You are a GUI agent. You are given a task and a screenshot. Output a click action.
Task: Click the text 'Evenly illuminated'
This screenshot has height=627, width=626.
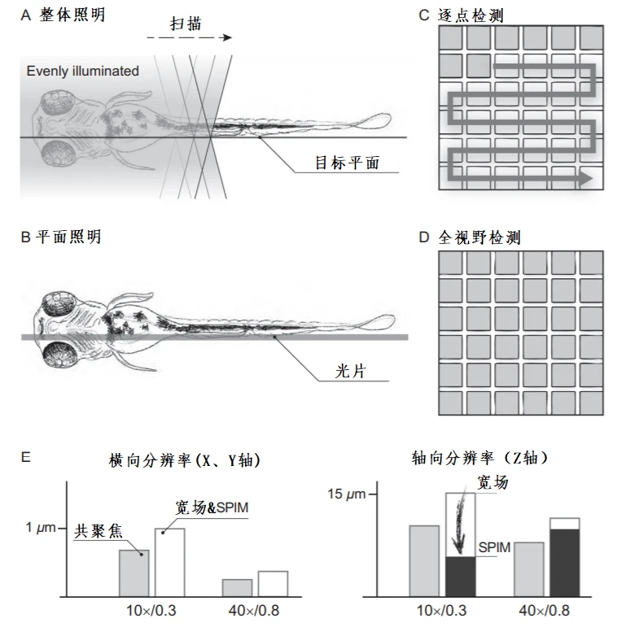pyautogui.click(x=83, y=72)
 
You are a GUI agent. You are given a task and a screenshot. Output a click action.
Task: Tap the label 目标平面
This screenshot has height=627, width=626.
pyautogui.click(x=347, y=163)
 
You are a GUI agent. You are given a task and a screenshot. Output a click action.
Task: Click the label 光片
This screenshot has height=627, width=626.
pyautogui.click(x=351, y=371)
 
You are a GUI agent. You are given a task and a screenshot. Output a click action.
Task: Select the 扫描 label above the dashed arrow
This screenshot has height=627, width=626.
pyautogui.click(x=186, y=24)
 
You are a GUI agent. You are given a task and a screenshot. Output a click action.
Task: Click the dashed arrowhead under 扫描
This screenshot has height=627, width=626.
pyautogui.click(x=228, y=37)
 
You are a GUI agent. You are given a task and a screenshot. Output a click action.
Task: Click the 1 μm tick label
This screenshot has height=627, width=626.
pyautogui.click(x=41, y=528)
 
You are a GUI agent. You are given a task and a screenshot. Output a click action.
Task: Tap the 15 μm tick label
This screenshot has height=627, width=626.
pyautogui.click(x=347, y=494)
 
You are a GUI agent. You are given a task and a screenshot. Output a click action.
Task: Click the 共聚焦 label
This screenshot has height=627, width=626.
pyautogui.click(x=98, y=531)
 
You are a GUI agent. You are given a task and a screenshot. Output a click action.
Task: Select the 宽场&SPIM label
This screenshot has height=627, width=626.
pyautogui.click(x=212, y=507)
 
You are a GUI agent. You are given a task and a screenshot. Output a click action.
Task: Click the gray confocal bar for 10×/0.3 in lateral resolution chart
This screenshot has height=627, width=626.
pyautogui.click(x=134, y=573)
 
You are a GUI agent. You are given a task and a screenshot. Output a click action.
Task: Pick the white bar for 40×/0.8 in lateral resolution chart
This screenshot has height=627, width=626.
pyautogui.click(x=273, y=584)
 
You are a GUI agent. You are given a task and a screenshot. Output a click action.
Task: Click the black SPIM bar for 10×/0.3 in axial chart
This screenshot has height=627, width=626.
pyautogui.click(x=461, y=577)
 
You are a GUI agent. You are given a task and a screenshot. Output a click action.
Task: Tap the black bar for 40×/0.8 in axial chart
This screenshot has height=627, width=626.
pyautogui.click(x=565, y=563)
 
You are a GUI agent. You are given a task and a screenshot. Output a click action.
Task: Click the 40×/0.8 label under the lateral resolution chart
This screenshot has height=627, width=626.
pyautogui.click(x=254, y=611)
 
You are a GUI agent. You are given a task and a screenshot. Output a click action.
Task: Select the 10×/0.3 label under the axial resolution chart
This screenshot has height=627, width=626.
pyautogui.click(x=441, y=611)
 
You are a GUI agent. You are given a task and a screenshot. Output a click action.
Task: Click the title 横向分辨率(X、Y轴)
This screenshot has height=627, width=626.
pyautogui.click(x=185, y=460)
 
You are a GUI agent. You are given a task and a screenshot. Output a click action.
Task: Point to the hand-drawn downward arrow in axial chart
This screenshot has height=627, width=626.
pyautogui.click(x=459, y=520)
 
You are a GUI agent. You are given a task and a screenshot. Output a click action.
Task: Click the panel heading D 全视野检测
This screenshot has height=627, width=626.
pyautogui.click(x=470, y=237)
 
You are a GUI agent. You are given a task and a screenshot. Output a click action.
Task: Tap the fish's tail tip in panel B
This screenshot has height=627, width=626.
pyautogui.click(x=394, y=320)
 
